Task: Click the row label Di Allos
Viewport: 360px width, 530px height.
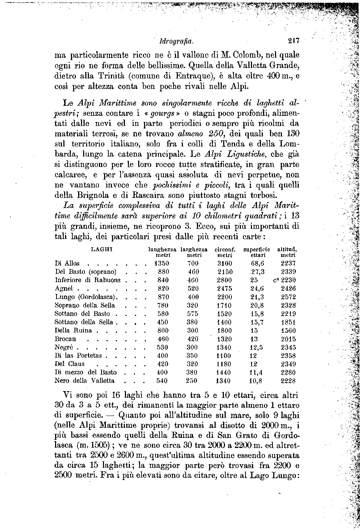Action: [x=67, y=263]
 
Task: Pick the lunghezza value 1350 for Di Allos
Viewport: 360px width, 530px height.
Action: [x=162, y=263]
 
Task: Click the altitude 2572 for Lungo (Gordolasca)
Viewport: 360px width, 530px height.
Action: [x=288, y=297]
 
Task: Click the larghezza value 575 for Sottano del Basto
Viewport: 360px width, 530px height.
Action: [x=193, y=314]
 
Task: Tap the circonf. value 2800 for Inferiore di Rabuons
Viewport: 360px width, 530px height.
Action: [x=225, y=280]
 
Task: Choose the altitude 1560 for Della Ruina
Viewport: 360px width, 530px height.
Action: [x=288, y=331]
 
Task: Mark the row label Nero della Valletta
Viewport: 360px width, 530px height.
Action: [x=85, y=381]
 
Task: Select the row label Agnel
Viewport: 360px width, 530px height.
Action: [x=64, y=289]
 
